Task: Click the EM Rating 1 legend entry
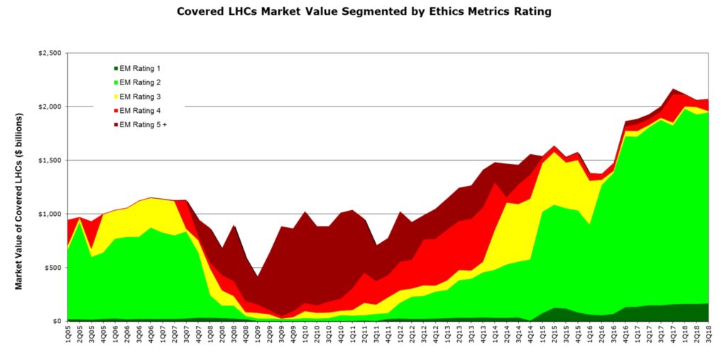click(x=139, y=68)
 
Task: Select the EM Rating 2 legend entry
click(x=139, y=82)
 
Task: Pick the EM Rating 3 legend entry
click(x=139, y=97)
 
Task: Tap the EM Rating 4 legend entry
click(x=139, y=111)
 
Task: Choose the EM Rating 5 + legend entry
click(x=143, y=125)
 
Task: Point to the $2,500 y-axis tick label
click(x=50, y=53)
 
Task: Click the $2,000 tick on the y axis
click(x=50, y=107)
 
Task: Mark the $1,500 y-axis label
click(x=50, y=160)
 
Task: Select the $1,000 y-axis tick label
click(x=50, y=214)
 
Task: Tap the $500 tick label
click(x=53, y=268)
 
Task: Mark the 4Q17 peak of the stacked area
click(x=672, y=89)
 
